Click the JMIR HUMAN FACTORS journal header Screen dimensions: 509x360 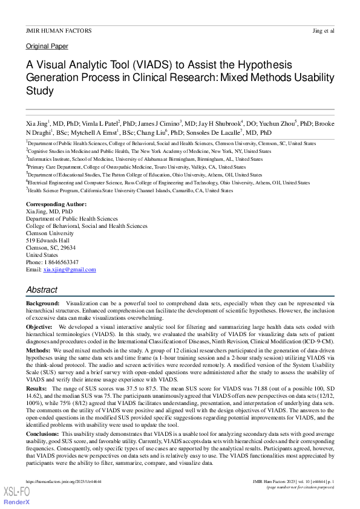pyautogui.click(x=58, y=30)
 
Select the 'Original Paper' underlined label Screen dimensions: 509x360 pyautogui.click(x=47, y=47)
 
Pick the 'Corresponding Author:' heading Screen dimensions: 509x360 pyautogui.click(x=56, y=205)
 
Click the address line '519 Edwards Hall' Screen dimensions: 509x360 pyautogui.click(x=48, y=240)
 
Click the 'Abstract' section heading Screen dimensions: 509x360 pyautogui.click(x=42, y=290)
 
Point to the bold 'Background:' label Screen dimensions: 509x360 pyautogui.click(x=43, y=302)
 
